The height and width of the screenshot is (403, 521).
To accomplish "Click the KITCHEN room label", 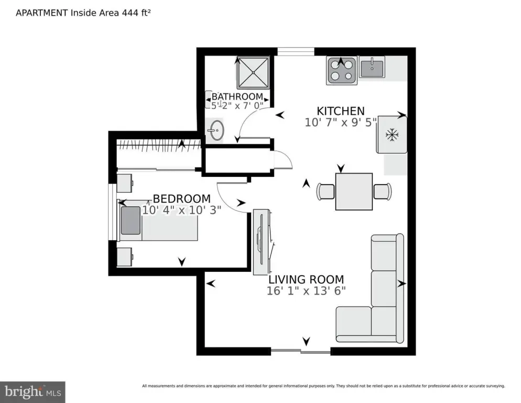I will [340, 111].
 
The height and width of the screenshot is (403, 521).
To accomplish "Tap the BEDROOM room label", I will [181, 199].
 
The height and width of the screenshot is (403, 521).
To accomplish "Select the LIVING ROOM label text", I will [306, 280].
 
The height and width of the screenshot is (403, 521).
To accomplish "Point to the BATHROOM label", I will [237, 97].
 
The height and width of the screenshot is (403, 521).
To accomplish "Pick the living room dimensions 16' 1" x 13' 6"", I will [306, 291].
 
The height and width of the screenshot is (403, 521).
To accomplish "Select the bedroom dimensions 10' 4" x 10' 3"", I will [181, 210].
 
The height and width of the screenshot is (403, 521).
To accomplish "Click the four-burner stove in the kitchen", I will [342, 70].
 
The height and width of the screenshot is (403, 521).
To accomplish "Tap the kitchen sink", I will [372, 67].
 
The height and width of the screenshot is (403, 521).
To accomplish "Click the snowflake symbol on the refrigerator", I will [392, 135].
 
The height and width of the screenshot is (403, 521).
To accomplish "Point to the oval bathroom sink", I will [216, 131].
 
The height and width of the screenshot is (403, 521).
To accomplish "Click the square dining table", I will [354, 192].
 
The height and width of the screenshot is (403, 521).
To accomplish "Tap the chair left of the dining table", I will [326, 192].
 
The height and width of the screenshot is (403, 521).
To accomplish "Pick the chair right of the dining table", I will [382, 192].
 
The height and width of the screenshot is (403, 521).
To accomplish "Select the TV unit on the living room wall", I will [262, 241].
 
